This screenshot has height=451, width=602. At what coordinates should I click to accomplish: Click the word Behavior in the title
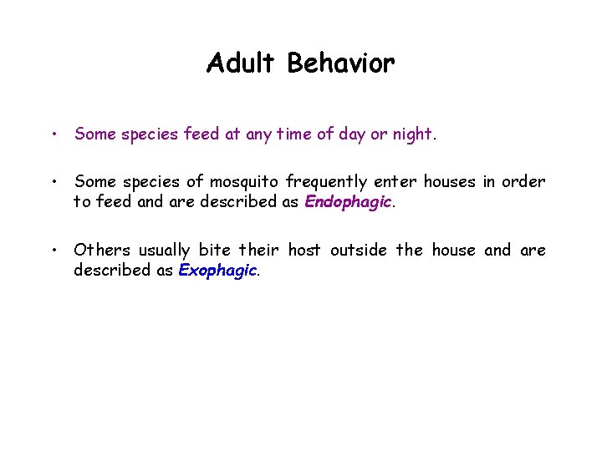click(x=341, y=63)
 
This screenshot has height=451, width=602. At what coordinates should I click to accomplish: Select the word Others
click(x=102, y=251)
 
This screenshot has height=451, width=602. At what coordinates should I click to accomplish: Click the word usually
click(x=166, y=251)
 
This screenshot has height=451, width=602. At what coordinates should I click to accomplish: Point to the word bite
click(x=215, y=251)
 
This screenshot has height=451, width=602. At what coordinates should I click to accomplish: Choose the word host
click(x=304, y=251)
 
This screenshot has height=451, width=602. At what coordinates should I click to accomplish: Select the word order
click(x=525, y=182)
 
